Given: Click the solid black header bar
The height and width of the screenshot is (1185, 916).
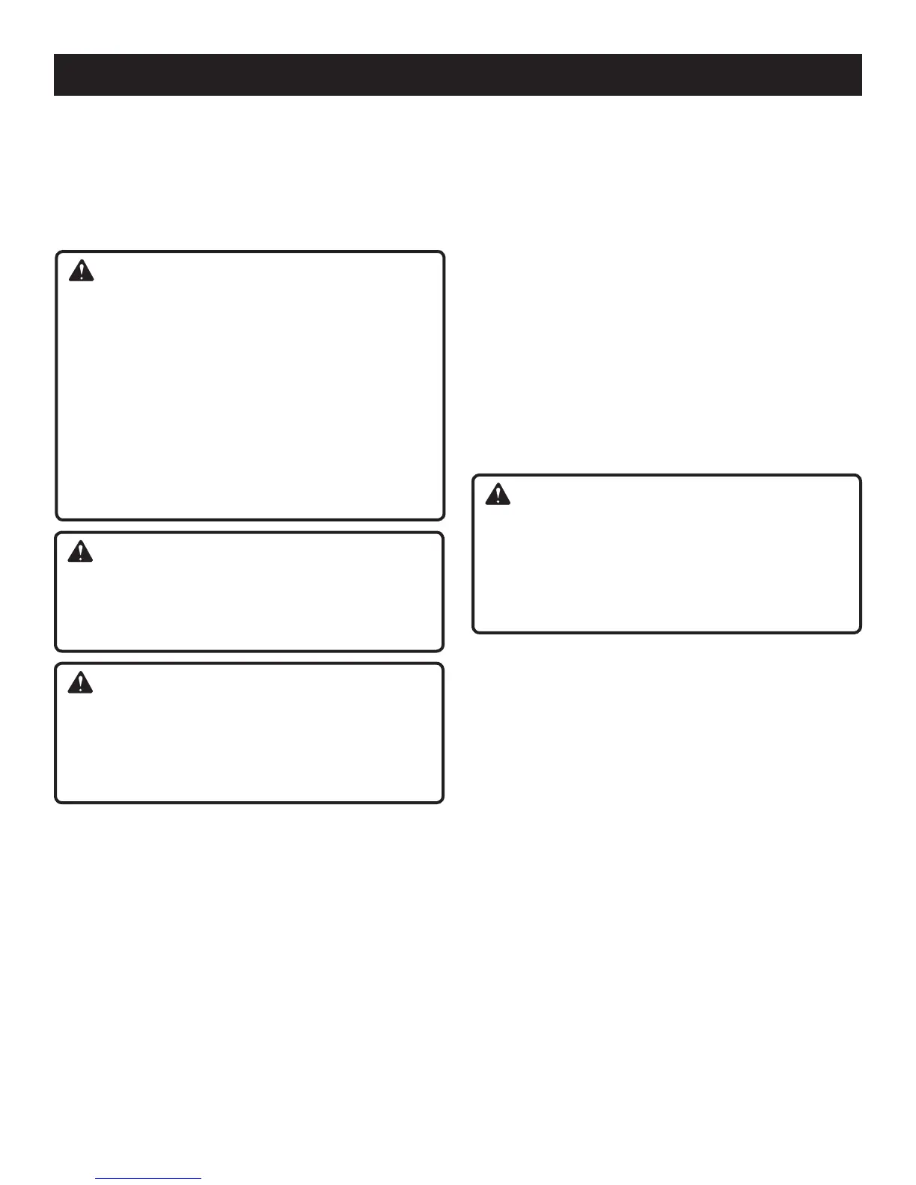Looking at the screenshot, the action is coord(457,75).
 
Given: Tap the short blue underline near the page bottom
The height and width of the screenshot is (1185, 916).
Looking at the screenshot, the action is coord(149,1178).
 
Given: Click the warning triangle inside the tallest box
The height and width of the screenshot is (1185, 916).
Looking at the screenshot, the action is coord(81,271).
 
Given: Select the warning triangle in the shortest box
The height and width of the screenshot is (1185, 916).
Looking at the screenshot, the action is coord(80,552).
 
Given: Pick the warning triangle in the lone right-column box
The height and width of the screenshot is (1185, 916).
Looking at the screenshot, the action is coord(498,494).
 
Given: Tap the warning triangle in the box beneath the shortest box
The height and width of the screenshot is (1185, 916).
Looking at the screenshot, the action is coord(80,683).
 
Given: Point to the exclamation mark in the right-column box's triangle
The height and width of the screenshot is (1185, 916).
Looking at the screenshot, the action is coord(498,496).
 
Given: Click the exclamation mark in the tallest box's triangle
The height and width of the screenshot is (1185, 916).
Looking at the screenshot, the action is coord(81,272).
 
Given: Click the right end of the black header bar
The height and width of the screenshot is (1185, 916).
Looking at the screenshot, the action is coord(861,75).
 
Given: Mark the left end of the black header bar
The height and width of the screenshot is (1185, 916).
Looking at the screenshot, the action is coord(55,75).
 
